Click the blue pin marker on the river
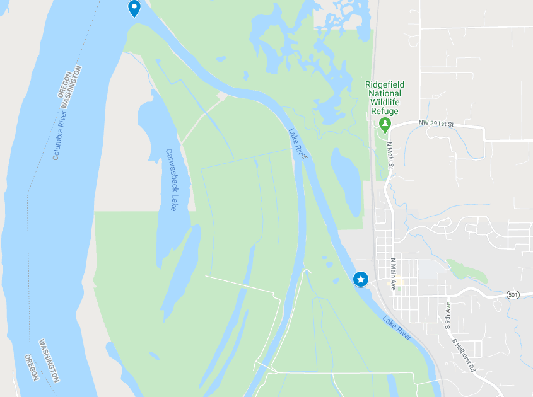pos(134,8)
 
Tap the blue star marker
pos(361,279)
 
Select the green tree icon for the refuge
pos(385,124)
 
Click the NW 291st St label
pos(436,124)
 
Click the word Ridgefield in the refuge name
pos(385,84)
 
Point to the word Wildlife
pos(385,101)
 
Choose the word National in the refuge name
pos(385,93)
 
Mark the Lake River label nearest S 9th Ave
pos(397,328)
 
